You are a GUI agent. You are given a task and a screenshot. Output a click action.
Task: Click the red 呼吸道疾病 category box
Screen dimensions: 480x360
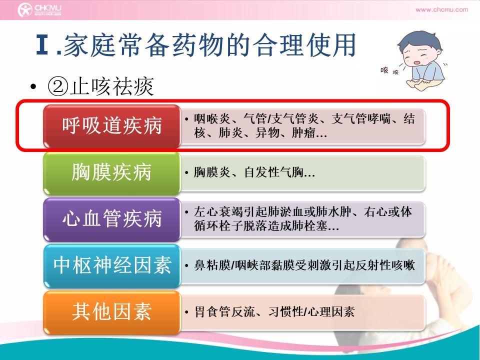111,126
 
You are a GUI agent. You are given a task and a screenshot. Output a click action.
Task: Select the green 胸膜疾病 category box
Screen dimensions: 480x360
111,173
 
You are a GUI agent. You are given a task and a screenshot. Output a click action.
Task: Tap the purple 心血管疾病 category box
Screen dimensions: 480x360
111,219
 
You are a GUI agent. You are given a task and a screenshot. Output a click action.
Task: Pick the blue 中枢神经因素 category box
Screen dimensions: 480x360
111,265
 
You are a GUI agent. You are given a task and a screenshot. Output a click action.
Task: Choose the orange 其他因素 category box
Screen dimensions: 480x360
111,312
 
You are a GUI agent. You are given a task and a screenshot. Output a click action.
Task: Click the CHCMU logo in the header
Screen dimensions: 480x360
39,9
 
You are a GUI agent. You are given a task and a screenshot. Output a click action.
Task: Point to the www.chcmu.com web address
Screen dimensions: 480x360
441,9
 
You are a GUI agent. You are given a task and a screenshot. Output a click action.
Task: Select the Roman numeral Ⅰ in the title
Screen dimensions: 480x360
42,45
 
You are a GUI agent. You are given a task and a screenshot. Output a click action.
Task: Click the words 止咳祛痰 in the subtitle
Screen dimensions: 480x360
111,86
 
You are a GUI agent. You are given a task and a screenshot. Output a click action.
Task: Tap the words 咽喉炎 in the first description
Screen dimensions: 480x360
212,119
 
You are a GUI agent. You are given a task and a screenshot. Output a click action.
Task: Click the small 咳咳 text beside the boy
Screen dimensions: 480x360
389,71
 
